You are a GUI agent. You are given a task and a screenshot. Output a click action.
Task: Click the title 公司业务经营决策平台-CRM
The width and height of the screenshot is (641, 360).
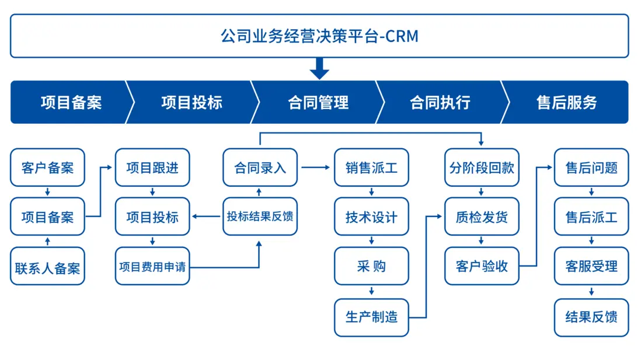319,36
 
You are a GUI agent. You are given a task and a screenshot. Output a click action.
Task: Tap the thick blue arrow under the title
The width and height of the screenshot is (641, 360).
319,68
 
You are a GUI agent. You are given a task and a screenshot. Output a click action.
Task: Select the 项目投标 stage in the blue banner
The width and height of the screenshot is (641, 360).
191,103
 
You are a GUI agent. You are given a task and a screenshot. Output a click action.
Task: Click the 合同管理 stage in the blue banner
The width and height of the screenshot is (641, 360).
318,103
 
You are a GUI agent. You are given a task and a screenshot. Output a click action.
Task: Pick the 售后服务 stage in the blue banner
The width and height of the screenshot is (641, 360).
566,103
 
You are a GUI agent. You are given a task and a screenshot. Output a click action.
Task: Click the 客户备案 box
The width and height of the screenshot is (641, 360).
47,168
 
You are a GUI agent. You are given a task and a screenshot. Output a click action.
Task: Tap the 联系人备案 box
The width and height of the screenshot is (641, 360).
47,267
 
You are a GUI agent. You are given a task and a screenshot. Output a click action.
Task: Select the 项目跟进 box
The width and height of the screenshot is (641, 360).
152,168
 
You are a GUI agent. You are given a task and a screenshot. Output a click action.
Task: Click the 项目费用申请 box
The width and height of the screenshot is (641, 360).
152,267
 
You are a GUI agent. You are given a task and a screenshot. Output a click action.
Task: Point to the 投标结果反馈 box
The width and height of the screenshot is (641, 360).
260,217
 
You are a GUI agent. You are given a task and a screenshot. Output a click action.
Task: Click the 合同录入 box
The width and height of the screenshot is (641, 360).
260,168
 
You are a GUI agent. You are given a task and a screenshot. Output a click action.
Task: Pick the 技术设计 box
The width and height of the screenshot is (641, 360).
371,217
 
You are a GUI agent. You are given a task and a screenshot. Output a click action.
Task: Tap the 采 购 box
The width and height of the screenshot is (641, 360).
371,267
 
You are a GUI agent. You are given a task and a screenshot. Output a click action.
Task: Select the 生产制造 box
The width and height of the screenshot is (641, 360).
371,317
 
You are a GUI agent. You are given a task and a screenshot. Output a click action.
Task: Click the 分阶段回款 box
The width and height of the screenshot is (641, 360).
482,168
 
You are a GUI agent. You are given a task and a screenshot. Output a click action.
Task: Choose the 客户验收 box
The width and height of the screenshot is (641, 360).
482,267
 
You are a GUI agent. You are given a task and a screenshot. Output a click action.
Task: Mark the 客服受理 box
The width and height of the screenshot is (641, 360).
591,267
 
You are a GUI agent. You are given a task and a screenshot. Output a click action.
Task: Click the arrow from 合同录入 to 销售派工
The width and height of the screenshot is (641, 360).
315,168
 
